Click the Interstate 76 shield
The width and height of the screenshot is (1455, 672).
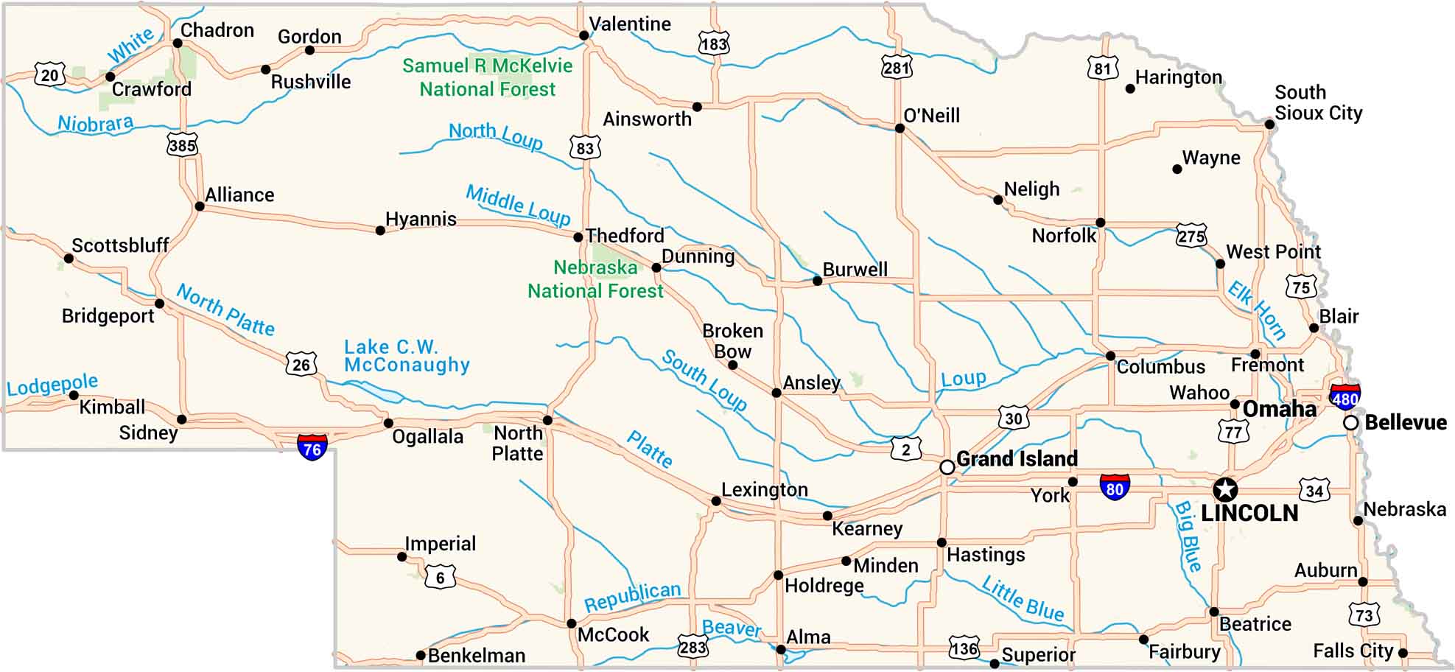312,447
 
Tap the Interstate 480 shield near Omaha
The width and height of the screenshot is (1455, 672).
1344,397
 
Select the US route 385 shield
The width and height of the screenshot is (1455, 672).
182,144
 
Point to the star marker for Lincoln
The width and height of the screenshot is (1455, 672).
1225,489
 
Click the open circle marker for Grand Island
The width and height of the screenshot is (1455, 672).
947,467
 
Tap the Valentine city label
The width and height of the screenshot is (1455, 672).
630,24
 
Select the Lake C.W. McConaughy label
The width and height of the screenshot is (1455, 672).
407,356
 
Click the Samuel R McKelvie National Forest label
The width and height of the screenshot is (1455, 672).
487,77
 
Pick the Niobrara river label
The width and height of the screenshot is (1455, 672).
96,123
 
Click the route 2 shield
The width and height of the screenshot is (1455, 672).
905,449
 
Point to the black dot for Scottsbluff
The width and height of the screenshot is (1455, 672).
69,259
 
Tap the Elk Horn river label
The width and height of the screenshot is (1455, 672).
1257,309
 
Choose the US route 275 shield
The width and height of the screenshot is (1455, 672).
1191,236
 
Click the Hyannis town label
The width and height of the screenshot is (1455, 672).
421,219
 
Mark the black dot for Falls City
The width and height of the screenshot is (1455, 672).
1403,653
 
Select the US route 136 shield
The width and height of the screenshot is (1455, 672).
964,648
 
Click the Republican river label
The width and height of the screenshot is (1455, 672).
632,596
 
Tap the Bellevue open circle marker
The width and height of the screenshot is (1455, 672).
1350,423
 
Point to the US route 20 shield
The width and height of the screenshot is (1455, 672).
49,75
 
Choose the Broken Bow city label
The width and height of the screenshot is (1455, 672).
732,341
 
